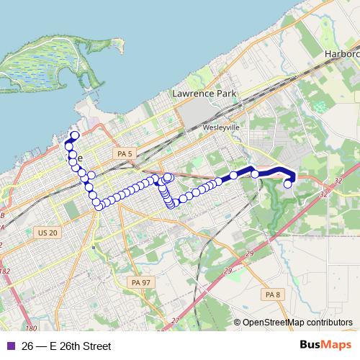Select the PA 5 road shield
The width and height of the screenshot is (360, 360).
125,154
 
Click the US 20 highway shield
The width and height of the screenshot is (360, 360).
47,232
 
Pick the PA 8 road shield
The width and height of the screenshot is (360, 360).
271,294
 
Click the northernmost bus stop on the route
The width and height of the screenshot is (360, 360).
74,135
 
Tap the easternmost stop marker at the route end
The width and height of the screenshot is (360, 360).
288,184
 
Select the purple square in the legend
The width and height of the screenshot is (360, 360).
9,346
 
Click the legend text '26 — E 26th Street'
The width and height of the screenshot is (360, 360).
66,346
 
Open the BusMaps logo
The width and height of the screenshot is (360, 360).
324,346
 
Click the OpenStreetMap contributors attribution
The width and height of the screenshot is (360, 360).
297,323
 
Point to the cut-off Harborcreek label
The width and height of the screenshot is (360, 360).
341,54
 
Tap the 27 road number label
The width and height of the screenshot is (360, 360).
175,320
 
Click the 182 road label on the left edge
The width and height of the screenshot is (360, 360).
6,271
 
